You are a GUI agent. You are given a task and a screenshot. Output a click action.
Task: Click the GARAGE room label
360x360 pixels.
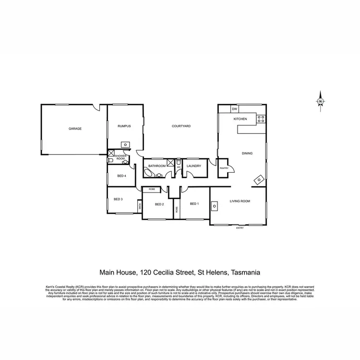tap(75, 129)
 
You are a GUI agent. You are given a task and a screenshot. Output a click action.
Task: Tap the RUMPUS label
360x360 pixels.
tap(124, 126)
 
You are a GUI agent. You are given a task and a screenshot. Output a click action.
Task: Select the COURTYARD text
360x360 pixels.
tap(181, 126)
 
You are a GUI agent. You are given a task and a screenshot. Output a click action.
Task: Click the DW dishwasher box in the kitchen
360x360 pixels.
tap(235, 109)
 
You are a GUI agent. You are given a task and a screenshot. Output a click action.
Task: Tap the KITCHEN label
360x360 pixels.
tap(240, 119)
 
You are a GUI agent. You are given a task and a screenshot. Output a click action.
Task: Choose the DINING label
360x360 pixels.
tap(247, 154)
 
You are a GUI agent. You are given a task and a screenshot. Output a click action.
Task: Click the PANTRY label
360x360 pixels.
tap(224, 168)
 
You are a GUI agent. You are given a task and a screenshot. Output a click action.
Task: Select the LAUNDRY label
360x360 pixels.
tap(194, 166)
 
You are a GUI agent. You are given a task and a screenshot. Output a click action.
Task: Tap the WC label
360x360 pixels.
tap(178, 167)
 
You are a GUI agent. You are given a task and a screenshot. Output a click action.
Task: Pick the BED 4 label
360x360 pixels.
tap(121, 176)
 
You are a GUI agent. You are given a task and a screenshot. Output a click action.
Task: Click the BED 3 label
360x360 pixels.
tap(118, 199)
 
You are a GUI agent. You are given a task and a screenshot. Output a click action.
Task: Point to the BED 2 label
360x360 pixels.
tap(159, 204)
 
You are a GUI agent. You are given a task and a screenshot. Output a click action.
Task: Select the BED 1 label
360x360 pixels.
tap(194, 204)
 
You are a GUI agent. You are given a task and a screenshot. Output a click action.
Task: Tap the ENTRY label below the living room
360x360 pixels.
tap(240, 228)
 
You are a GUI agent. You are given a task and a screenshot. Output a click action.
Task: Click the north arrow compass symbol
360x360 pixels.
tap(320, 101)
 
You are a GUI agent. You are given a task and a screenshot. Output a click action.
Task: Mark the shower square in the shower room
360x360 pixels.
tap(111, 154)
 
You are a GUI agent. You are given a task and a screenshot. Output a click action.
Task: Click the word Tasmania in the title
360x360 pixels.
tap(245, 272)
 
